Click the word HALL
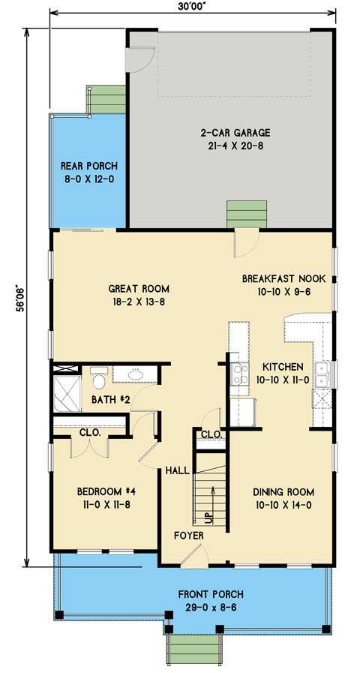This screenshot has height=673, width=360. click(x=177, y=471)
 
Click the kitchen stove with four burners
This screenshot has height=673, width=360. click(x=240, y=374)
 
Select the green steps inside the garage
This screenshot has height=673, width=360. click(x=247, y=215)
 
